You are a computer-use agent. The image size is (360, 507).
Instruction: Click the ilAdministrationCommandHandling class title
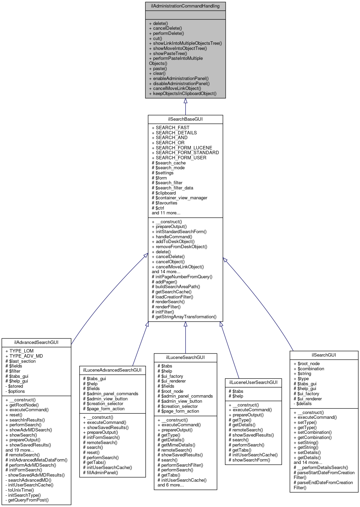click(x=185, y=6)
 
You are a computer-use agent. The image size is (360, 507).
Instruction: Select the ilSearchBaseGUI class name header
click(x=185, y=119)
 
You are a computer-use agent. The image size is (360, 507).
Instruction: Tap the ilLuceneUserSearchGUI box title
click(x=253, y=382)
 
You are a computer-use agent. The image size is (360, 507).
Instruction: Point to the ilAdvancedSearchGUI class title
click(x=36, y=342)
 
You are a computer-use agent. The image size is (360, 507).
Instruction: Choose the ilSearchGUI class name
click(x=324, y=355)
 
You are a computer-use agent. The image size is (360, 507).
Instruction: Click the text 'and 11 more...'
click(x=166, y=213)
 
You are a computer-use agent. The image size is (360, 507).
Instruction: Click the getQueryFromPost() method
click(x=28, y=500)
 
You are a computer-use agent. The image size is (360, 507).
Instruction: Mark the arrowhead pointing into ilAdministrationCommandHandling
click(x=185, y=101)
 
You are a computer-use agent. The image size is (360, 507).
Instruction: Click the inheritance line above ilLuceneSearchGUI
click(x=185, y=338)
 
